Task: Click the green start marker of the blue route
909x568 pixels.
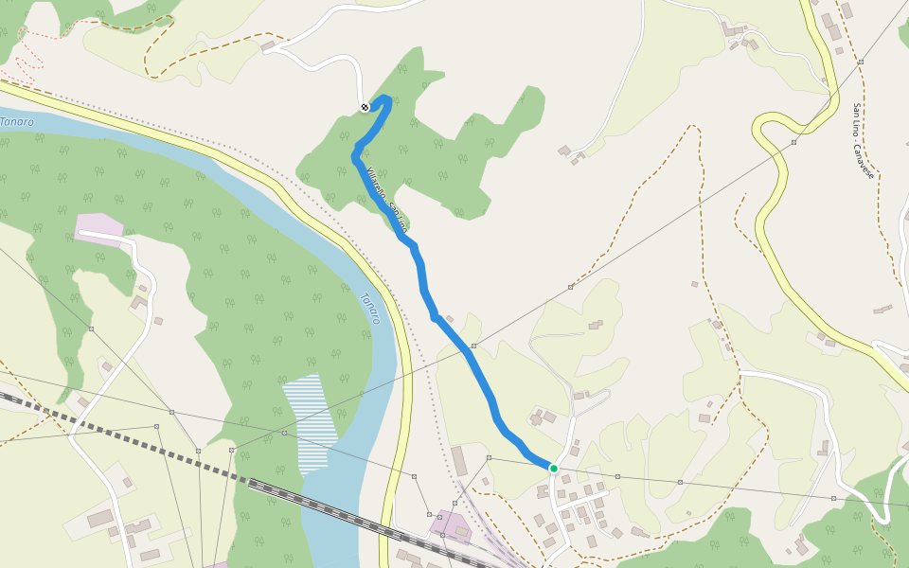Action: (553, 468)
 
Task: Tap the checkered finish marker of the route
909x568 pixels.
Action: (365, 107)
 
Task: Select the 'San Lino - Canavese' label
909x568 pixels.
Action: (862, 141)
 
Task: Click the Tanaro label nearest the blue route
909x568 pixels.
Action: (369, 309)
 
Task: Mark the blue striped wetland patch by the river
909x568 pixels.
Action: (310, 421)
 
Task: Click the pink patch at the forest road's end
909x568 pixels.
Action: (98, 228)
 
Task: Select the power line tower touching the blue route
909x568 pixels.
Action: (473, 346)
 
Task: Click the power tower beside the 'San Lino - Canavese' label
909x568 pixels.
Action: (861, 62)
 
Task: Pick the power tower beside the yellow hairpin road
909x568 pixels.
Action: (793, 143)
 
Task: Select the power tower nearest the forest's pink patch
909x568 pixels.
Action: (92, 328)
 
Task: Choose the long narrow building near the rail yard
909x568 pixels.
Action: (459, 461)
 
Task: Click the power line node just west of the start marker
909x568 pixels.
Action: (489, 458)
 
